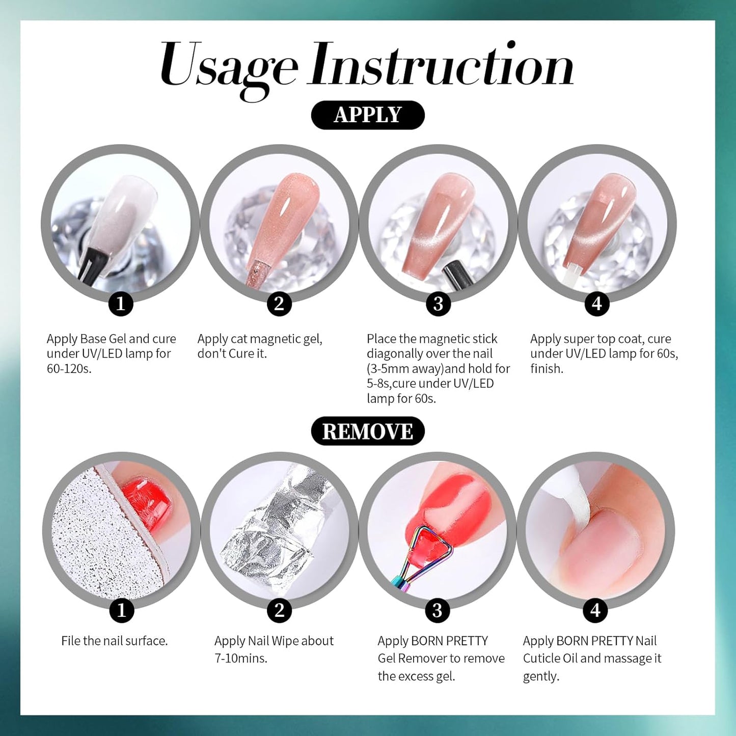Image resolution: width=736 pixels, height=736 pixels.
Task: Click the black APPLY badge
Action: tap(367, 115)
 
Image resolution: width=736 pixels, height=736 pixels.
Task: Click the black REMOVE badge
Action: tap(367, 431)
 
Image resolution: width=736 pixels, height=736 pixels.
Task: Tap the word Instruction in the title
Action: tap(441, 66)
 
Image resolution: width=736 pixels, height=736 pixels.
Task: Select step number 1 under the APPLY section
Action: tap(121, 304)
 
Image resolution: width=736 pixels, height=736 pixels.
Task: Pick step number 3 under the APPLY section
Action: tap(438, 304)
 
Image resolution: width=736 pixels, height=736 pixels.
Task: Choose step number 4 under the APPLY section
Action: tap(597, 304)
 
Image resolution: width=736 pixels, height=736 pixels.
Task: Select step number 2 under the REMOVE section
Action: tap(279, 610)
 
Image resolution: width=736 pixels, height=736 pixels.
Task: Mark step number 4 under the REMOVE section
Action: tap(595, 610)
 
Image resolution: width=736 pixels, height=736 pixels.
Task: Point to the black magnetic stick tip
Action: tap(451, 273)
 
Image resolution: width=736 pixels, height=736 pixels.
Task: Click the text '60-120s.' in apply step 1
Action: tap(69, 369)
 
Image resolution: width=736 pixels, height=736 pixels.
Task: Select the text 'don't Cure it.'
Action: tap(232, 353)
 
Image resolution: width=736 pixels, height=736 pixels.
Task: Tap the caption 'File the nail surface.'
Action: tap(114, 641)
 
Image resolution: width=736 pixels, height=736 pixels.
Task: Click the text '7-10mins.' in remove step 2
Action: tap(241, 658)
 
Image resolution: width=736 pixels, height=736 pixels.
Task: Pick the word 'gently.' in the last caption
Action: tap(541, 676)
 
